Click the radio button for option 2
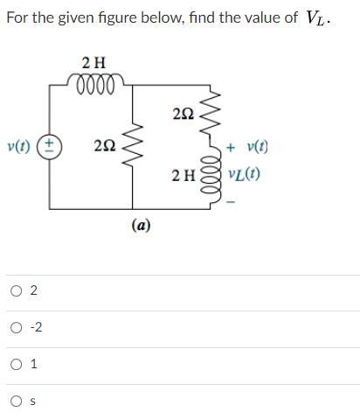click(x=17, y=291)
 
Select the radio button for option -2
click(x=17, y=328)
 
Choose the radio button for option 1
click(x=17, y=365)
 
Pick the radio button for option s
click(x=17, y=402)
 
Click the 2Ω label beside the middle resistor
click(x=104, y=146)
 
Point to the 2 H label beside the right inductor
click(x=183, y=175)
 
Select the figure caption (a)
click(x=141, y=225)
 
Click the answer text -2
click(x=36, y=328)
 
